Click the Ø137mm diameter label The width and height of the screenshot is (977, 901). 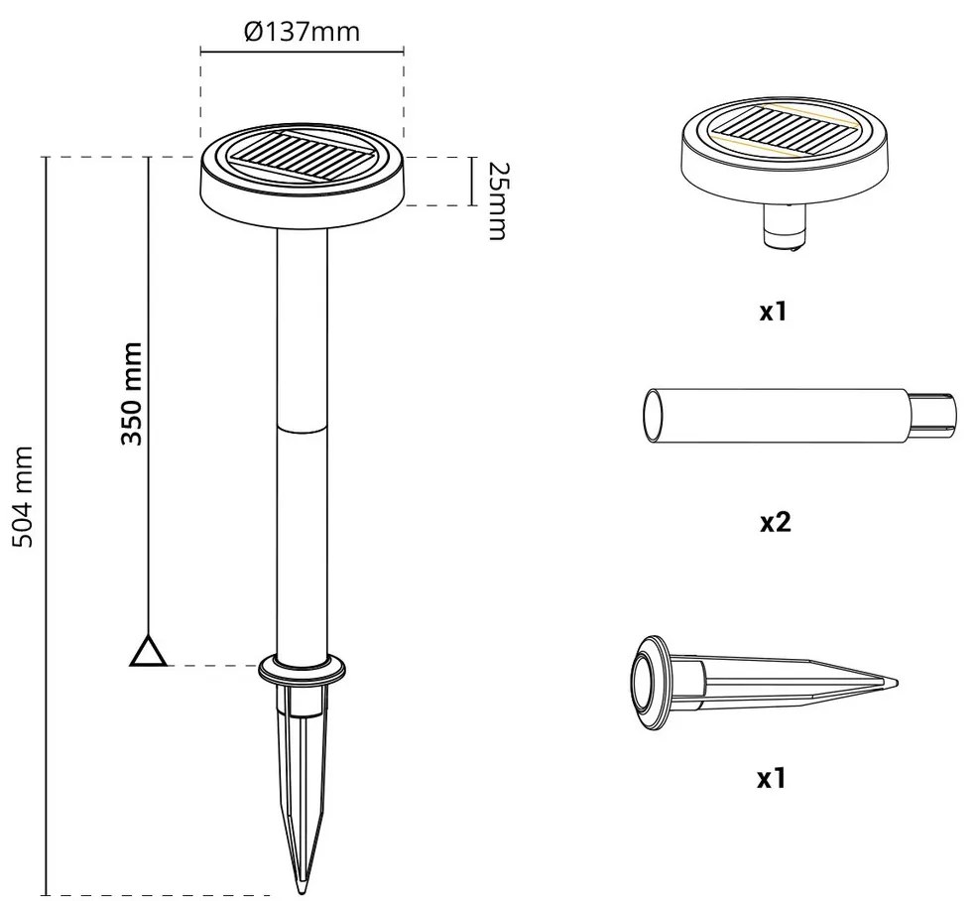click(303, 31)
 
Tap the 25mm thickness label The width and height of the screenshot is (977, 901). click(497, 200)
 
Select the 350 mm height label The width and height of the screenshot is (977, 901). click(132, 394)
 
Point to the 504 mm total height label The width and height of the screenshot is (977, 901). click(23, 496)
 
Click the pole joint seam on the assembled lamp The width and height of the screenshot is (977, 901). click(303, 428)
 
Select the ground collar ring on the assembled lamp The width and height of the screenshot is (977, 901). click(303, 669)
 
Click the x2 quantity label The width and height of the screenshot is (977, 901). click(775, 522)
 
